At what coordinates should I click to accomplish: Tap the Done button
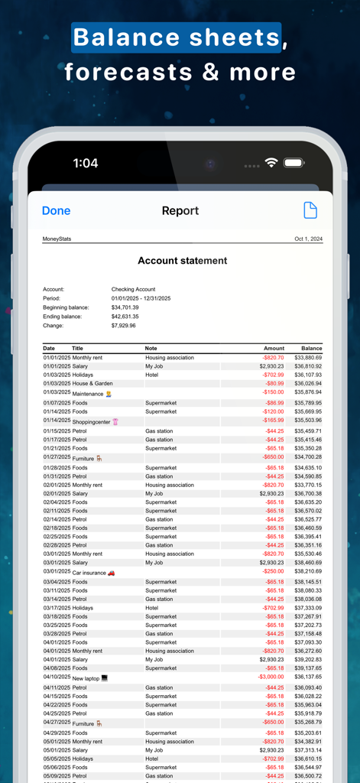click(x=56, y=211)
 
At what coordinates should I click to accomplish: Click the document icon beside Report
click(x=310, y=210)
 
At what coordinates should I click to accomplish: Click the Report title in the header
click(x=180, y=211)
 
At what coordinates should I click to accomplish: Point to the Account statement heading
click(x=182, y=261)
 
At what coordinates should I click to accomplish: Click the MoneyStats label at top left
click(x=57, y=239)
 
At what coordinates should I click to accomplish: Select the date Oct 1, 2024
click(x=308, y=239)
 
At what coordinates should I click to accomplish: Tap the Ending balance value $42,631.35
click(x=125, y=316)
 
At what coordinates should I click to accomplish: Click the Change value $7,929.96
click(x=123, y=325)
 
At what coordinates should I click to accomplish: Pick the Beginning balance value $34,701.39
click(x=125, y=307)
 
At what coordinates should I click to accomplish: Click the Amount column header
click(x=274, y=349)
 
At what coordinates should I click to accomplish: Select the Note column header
click(x=151, y=349)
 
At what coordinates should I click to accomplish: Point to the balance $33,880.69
click(x=308, y=358)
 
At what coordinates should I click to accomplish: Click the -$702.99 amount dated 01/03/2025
click(x=273, y=375)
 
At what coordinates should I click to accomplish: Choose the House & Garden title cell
click(x=92, y=383)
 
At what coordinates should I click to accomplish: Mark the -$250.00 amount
click(x=273, y=571)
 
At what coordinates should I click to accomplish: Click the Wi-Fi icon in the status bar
click(x=271, y=163)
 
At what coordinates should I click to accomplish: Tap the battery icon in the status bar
click(x=294, y=163)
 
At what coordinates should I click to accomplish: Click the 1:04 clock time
click(x=86, y=163)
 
